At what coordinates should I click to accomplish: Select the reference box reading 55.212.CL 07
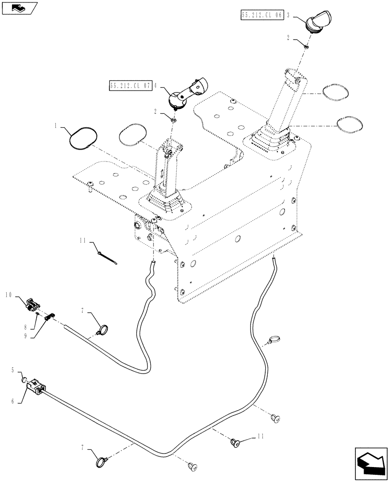(130, 86)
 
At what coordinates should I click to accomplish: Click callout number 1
(57, 126)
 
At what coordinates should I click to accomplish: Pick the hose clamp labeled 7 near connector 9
(102, 331)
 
